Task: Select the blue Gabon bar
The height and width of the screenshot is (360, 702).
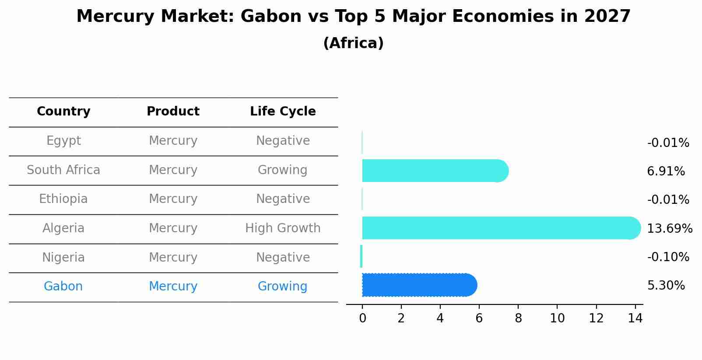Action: tap(418, 285)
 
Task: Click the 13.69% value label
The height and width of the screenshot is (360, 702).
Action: tap(669, 229)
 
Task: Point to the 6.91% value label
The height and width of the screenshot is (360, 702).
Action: tap(666, 171)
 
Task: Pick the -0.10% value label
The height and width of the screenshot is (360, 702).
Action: tap(668, 257)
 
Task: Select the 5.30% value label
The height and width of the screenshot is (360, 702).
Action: tap(666, 286)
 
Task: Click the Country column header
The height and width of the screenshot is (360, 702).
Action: tap(63, 112)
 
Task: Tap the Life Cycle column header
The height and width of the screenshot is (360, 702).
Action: tap(283, 112)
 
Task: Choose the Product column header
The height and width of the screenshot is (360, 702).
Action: tap(173, 112)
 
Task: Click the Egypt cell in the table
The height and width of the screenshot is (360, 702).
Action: tap(63, 141)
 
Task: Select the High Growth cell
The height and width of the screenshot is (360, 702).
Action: tap(283, 228)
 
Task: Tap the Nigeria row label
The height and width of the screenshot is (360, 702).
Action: tap(63, 258)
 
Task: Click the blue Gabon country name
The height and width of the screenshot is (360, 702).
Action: tap(63, 287)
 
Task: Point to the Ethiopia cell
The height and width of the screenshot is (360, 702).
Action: tap(63, 199)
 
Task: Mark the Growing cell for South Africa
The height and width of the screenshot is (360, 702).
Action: tap(282, 170)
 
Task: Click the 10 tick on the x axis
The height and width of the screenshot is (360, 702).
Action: tap(557, 318)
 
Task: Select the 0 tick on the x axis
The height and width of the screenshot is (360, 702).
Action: tap(362, 318)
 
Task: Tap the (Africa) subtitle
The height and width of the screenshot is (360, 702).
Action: tap(353, 43)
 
